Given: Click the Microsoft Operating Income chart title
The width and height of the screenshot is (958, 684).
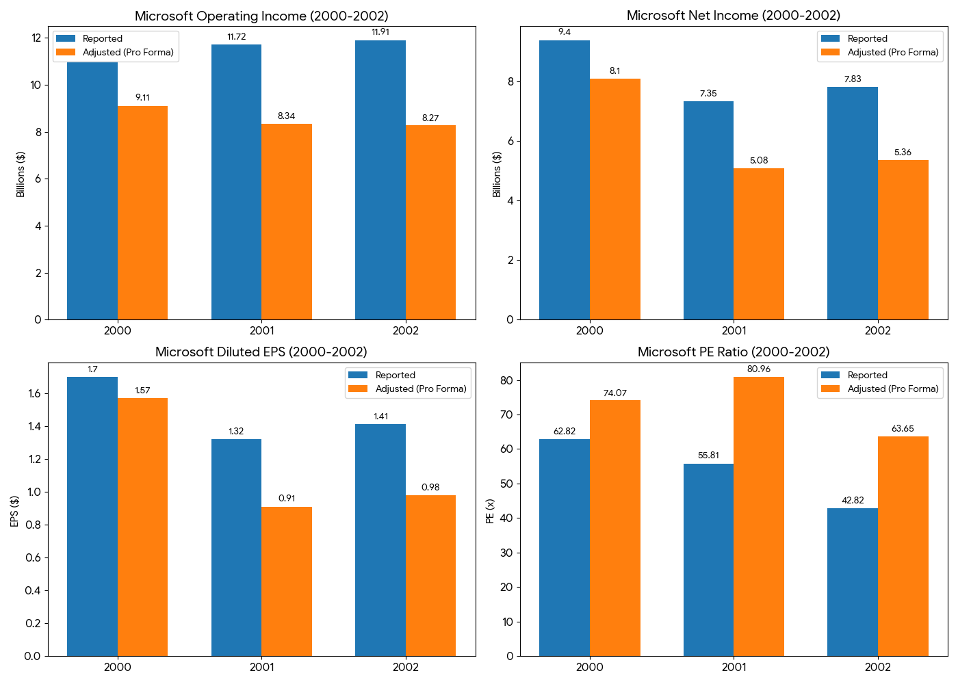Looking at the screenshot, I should pyautogui.click(x=261, y=16).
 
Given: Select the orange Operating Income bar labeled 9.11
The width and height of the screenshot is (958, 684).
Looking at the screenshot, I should pyautogui.click(x=142, y=213).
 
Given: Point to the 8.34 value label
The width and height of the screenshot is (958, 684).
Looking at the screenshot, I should pyautogui.click(x=286, y=116).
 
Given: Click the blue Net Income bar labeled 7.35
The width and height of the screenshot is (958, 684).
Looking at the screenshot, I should pyautogui.click(x=708, y=210).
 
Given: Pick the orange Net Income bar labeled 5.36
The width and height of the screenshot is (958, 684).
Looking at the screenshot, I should pyautogui.click(x=903, y=239).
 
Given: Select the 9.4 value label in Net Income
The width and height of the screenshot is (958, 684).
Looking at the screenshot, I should pyautogui.click(x=565, y=32).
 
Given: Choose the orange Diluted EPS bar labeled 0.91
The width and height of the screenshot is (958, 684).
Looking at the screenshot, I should pyautogui.click(x=287, y=581).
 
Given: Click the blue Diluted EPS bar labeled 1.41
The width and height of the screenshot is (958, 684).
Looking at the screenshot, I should pyautogui.click(x=380, y=540).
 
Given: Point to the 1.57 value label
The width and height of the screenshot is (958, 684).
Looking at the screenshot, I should pyautogui.click(x=142, y=391).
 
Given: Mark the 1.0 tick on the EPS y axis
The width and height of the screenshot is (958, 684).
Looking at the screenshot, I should pyautogui.click(x=34, y=492).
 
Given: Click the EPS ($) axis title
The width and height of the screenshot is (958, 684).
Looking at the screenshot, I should pyautogui.click(x=14, y=511).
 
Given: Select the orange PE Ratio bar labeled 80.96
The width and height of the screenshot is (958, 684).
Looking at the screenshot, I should pyautogui.click(x=759, y=516).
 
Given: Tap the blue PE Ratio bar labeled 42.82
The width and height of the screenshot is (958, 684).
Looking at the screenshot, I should pyautogui.click(x=853, y=581).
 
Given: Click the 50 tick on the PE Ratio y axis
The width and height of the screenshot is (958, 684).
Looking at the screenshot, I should pyautogui.click(x=507, y=484).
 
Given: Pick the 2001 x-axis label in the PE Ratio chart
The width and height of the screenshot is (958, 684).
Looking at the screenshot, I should pyautogui.click(x=734, y=667).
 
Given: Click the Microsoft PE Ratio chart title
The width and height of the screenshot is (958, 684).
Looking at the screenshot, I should pyautogui.click(x=734, y=352).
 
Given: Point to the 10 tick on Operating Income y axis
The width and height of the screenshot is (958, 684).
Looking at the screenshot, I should pyautogui.click(x=35, y=85).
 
